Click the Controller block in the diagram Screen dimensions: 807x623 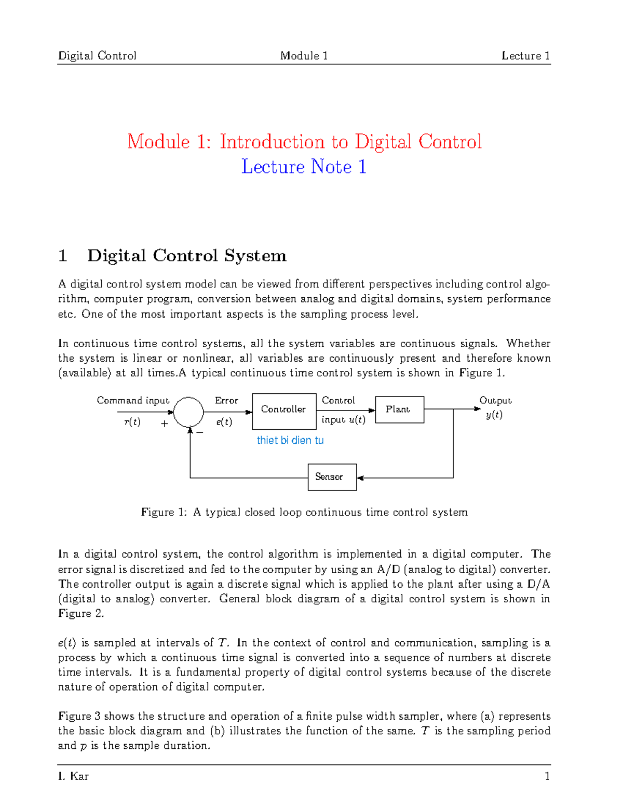[283, 411]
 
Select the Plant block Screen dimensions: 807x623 [399, 409]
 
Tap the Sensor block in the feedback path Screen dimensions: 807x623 [332, 477]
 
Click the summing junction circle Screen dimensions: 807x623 [188, 412]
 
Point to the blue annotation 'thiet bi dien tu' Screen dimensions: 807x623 [290, 440]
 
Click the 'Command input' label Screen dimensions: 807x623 [133, 400]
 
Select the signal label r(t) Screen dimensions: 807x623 [132, 422]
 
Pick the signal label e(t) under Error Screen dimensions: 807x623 [224, 422]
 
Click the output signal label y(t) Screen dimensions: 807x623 [494, 415]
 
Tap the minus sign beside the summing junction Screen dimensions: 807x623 [200, 432]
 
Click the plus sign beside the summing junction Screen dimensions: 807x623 [165, 424]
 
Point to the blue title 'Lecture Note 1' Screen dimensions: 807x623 [304, 167]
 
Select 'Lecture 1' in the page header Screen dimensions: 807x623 [525, 56]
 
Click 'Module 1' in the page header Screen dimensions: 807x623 [304, 56]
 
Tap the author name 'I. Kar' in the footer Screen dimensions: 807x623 [73, 776]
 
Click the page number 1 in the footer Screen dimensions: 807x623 [547, 776]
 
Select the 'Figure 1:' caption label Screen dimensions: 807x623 [164, 512]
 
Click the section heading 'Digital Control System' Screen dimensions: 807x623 [187, 256]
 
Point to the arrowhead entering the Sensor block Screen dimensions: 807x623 [360, 478]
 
